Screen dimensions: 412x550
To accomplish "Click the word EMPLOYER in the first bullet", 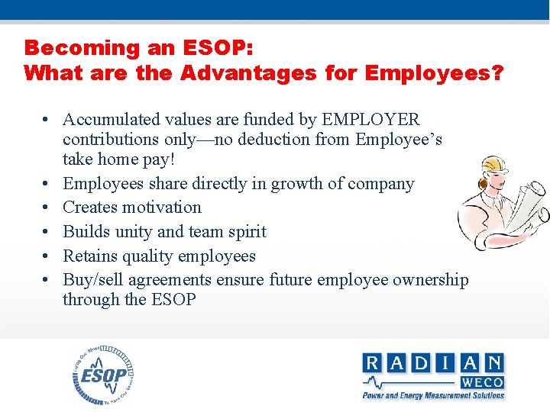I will (371, 120).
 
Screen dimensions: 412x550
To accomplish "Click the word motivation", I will (166, 208).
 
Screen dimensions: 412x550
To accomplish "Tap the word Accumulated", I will (112, 120).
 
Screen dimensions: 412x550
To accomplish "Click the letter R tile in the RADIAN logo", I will (374, 363).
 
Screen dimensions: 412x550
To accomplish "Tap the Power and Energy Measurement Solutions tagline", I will (433, 395).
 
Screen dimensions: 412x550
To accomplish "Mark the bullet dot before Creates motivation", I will (47, 208).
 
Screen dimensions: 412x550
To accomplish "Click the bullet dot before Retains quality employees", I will (47, 256).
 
